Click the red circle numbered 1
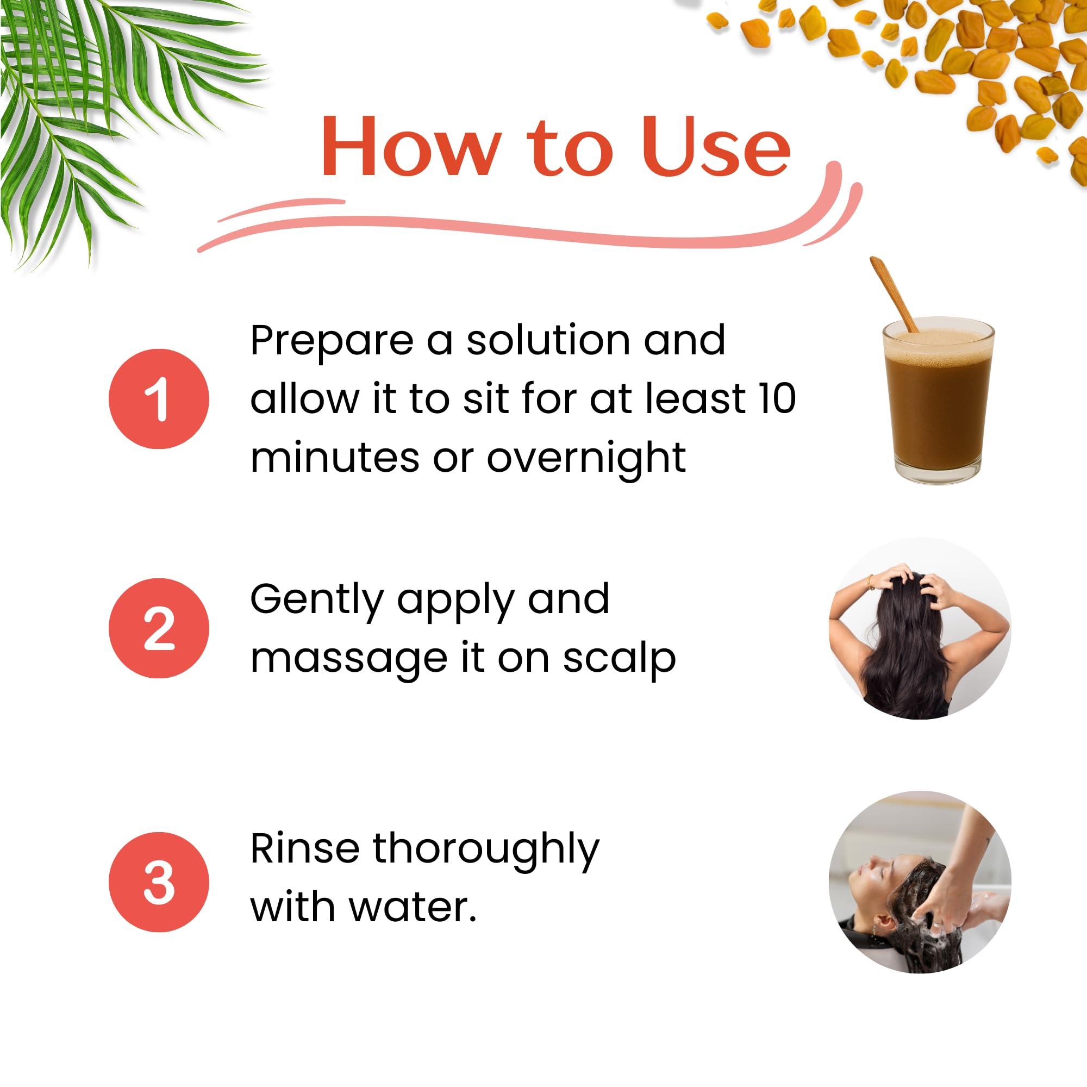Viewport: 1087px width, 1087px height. [x=159, y=398]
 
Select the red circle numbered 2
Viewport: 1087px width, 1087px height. [x=159, y=628]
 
